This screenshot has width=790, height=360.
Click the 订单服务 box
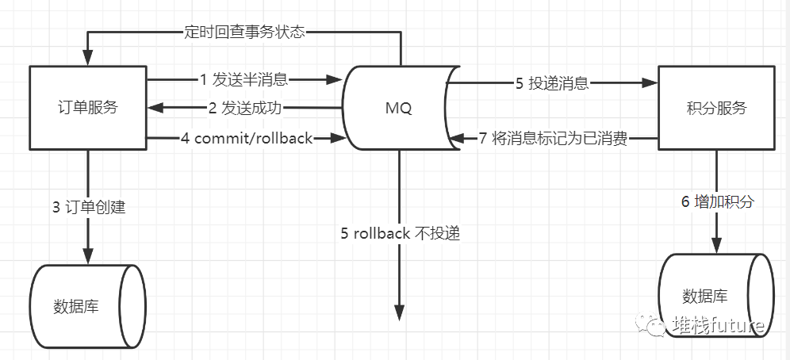pos(88,108)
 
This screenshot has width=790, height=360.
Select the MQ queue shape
pos(401,108)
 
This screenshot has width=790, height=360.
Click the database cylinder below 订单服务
pos(88,306)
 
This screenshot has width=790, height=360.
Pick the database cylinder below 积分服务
pos(716,296)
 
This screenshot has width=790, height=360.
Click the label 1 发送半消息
pos(244,79)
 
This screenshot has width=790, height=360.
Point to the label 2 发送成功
pos(245,108)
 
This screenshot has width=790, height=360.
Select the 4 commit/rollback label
pos(247,137)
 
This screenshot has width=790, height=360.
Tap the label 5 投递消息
pos(552,83)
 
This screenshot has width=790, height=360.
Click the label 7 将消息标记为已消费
pos(553,138)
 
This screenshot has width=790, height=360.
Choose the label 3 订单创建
pos(89,207)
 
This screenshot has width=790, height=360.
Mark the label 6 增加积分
pos(718,201)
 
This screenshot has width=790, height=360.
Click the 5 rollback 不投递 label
pos(401,234)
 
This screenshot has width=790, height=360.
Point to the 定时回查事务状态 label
pos(244,33)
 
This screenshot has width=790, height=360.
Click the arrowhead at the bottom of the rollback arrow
pos(399,313)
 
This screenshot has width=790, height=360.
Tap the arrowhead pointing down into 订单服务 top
pos(88,57)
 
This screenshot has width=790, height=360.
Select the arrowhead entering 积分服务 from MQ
pos(650,83)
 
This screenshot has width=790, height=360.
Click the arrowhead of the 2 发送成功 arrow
pos(155,107)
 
